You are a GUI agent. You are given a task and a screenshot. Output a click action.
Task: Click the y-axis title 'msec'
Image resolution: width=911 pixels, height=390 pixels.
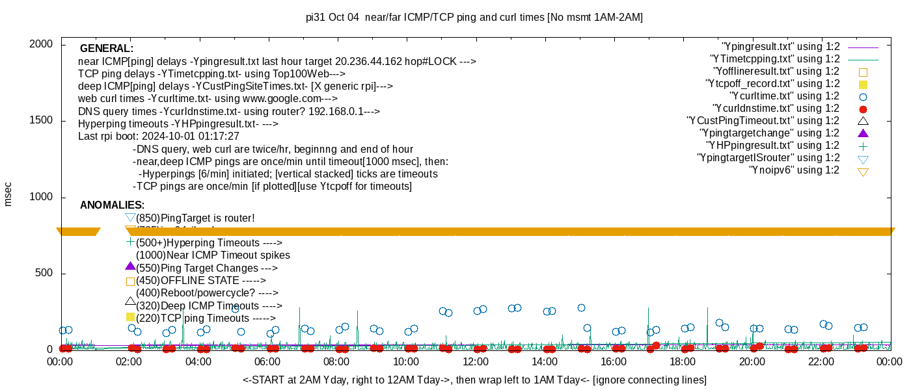pos(8,193)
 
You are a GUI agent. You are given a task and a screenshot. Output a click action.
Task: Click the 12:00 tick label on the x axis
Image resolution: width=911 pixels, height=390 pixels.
pos(475,362)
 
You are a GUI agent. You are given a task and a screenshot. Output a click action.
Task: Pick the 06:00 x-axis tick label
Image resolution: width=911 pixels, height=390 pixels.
pos(267,362)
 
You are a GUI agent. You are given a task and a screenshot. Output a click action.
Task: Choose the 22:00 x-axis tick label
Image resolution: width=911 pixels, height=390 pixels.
pos(821,362)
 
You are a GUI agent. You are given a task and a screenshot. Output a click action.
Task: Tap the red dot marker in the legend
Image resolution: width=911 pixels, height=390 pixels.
pos(863,109)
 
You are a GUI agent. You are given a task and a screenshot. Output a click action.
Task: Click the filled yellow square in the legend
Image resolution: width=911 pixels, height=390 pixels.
pos(863,84)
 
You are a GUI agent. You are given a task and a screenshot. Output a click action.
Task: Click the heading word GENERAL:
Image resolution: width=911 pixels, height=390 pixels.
pos(107,49)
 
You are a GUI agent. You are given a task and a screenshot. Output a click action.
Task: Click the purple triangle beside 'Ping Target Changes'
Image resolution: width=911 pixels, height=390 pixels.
pos(130,266)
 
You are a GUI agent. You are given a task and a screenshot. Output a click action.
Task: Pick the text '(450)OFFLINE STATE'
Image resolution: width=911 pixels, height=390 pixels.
pos(200,281)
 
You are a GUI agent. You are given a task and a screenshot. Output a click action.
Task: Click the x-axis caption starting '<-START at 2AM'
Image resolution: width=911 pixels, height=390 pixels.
pos(474,380)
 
